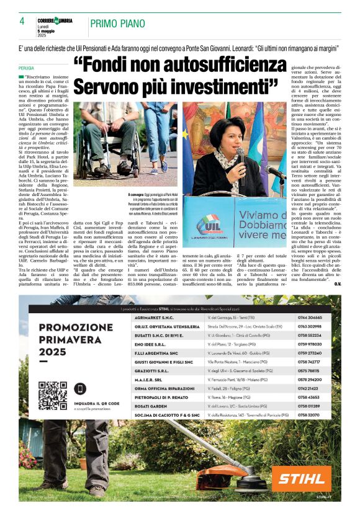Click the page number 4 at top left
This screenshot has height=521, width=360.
pyautogui.click(x=21, y=21)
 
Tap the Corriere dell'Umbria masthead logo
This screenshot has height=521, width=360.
pyautogui.click(x=55, y=20)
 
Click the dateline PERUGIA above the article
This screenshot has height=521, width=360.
pyautogui.click(x=27, y=68)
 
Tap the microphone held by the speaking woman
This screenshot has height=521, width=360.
pyautogui.click(x=239, y=153)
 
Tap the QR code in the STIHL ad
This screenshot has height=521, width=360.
pyautogui.click(x=52, y=394)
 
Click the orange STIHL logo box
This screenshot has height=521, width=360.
pyautogui.click(x=301, y=478)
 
